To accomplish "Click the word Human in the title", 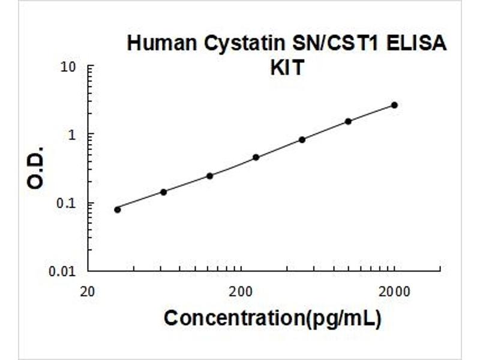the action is click(162, 43).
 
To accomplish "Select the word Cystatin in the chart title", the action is click(245, 44).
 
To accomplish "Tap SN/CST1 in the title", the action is click(336, 43).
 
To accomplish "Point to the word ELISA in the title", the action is click(416, 43).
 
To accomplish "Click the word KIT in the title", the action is click(287, 67).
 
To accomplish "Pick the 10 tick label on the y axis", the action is click(68, 67).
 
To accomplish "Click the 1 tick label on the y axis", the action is click(72, 134).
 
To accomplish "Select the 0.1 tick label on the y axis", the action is click(66, 203).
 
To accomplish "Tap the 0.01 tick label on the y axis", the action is click(62, 271).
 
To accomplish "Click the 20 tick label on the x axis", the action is click(88, 292).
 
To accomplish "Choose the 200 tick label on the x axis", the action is click(242, 292).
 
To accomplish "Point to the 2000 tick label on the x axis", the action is click(394, 292).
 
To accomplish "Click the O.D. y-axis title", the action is click(35, 168).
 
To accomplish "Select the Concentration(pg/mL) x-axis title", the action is click(273, 319).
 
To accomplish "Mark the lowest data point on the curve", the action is click(118, 209).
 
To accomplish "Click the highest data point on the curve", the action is click(395, 106).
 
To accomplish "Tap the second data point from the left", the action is click(164, 192).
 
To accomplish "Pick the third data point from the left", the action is click(209, 176).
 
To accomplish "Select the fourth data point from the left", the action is click(256, 157).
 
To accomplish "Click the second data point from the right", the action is click(348, 122).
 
